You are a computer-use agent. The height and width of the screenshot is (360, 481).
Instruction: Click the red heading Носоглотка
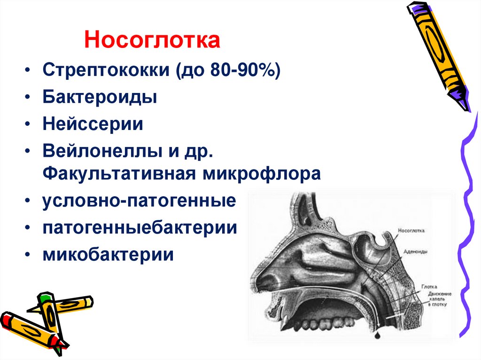pos(152,40)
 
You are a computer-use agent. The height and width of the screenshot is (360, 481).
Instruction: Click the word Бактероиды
pos(100,98)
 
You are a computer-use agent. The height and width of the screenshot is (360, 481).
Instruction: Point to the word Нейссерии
pos(93,124)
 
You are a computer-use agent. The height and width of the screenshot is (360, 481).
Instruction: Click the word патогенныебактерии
pos(140,228)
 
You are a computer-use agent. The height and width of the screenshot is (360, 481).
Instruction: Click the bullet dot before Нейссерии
pos(29,125)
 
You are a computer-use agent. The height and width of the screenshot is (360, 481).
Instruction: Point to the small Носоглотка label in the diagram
pos(411,231)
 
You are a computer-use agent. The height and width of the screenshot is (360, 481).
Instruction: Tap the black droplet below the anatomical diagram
pos(379,337)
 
